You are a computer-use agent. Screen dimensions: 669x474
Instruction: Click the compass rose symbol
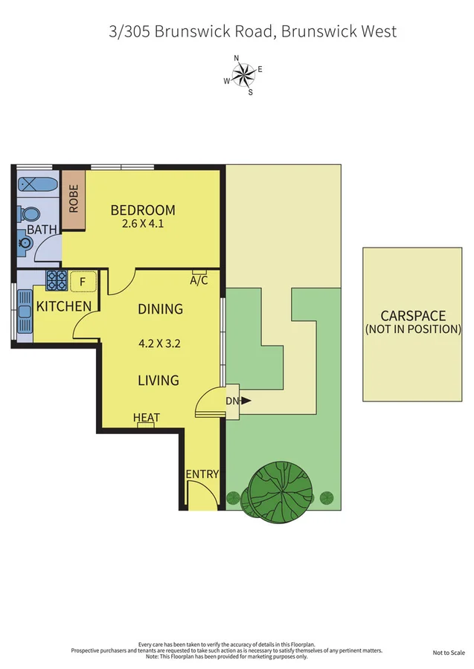(x=243, y=74)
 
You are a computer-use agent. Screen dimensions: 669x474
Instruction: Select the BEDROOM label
(x=143, y=210)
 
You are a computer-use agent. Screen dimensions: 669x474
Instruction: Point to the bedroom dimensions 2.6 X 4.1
(x=143, y=223)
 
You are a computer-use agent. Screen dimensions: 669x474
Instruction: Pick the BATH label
(x=42, y=230)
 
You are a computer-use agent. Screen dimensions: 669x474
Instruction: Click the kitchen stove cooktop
(x=57, y=280)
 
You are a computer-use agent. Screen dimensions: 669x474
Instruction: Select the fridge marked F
(x=82, y=282)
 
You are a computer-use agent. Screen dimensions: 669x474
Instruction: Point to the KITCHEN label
(x=64, y=306)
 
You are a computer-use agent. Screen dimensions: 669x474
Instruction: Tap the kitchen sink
(x=25, y=317)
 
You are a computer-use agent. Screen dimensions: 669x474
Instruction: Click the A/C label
(x=199, y=281)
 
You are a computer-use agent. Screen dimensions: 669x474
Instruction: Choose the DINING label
(x=160, y=309)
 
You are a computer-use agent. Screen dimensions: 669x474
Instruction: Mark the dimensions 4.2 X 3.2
(x=159, y=344)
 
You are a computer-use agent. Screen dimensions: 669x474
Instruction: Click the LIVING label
(x=158, y=381)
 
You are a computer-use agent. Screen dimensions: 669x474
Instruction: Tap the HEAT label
(x=147, y=418)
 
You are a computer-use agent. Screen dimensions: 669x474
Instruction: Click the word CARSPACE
(x=412, y=314)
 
